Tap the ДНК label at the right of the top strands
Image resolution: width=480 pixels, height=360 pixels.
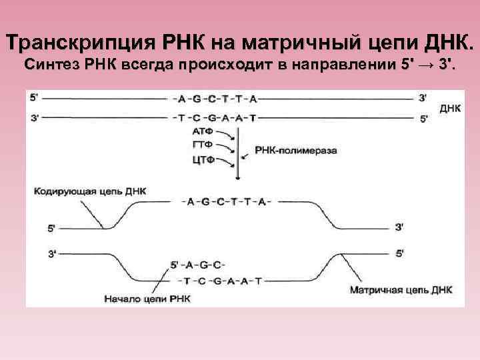coord(450,107)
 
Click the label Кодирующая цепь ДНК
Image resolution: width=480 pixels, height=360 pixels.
coord(89,191)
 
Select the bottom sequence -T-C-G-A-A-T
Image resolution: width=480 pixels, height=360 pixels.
coord(222,281)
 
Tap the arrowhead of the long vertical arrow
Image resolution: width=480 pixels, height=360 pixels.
coord(238,177)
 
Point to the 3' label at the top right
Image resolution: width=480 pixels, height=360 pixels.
coord(423,97)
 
